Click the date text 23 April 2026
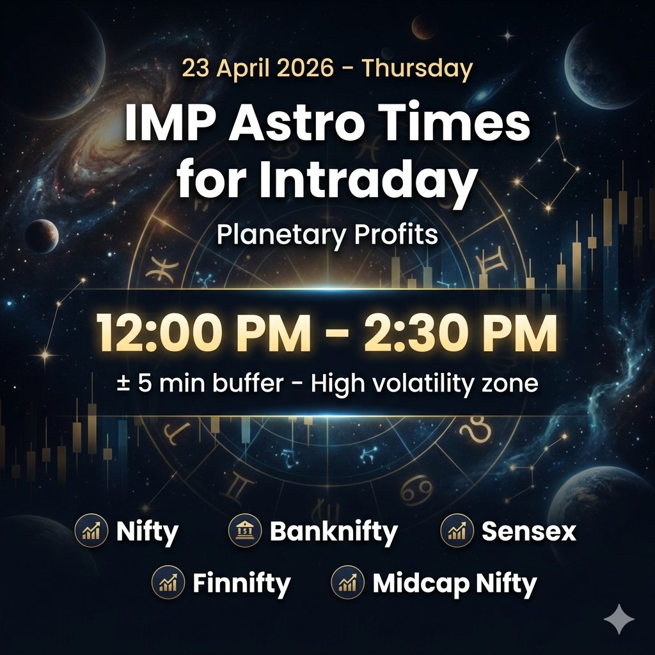click(257, 68)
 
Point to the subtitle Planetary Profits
click(327, 235)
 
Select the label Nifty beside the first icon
click(148, 531)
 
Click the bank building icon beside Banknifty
click(244, 531)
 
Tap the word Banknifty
click(333, 531)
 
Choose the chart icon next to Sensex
click(457, 531)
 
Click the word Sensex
click(528, 531)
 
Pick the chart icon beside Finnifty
click(168, 583)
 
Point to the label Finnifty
click(242, 583)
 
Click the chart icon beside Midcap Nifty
click(347, 583)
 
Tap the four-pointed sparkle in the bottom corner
click(619, 619)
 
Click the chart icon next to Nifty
click(91, 531)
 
